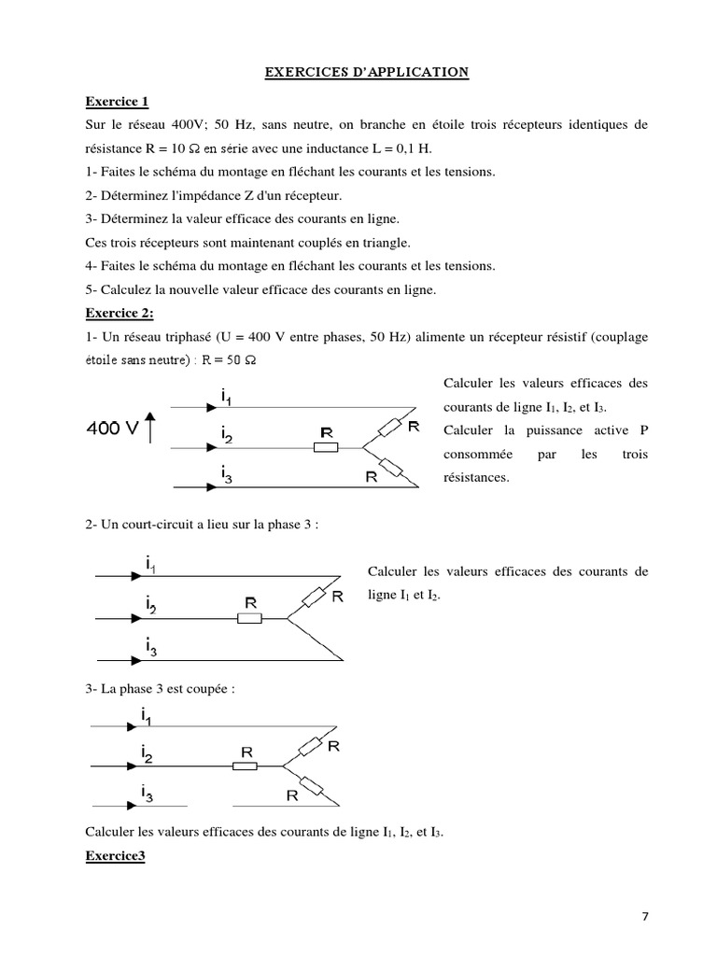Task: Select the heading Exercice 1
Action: coord(117,101)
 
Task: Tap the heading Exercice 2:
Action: coord(119,314)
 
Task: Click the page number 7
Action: coord(645,916)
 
